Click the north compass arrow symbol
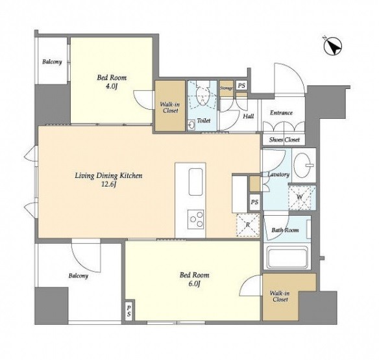[332, 46]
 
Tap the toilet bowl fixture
[202, 95]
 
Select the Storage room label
[226, 88]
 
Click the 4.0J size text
[112, 86]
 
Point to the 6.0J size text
[194, 283]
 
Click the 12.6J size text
[109, 185]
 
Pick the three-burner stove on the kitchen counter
[195, 219]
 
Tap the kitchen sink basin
[195, 182]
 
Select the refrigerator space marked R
[248, 225]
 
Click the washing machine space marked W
[300, 197]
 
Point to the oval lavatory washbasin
[303, 164]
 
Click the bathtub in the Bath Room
[287, 258]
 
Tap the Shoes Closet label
[284, 140]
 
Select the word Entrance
[282, 113]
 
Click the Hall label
[249, 116]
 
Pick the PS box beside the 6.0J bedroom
[129, 311]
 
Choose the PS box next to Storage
[241, 86]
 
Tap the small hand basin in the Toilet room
[191, 125]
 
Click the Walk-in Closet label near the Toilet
[170, 108]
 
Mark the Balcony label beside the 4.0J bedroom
[52, 62]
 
